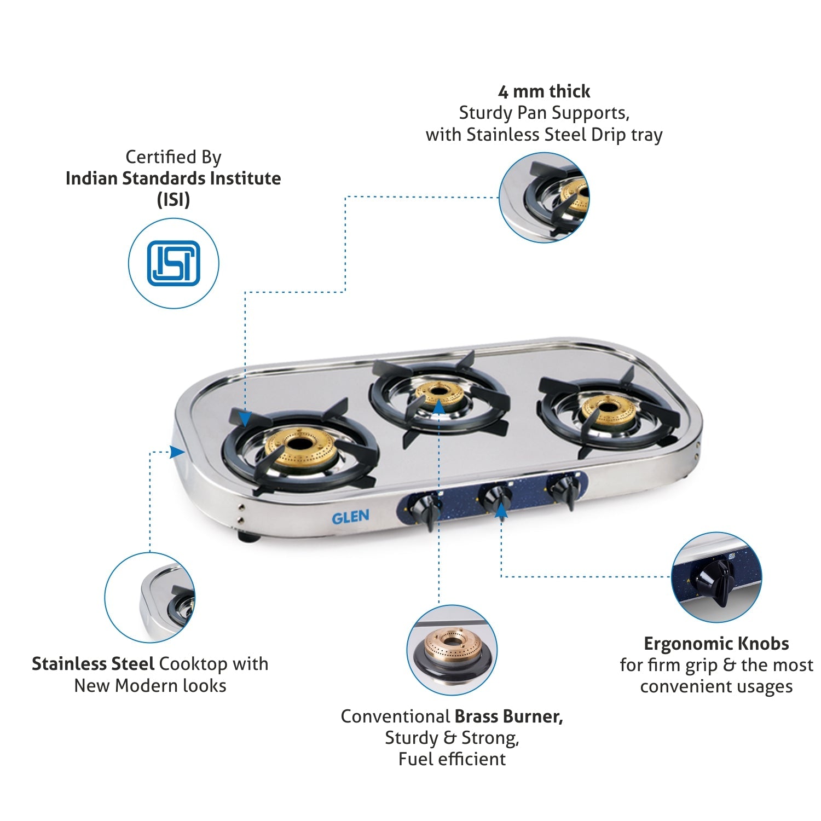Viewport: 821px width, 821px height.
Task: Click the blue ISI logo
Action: [x=174, y=263]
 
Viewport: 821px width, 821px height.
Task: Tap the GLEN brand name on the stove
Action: [x=350, y=517]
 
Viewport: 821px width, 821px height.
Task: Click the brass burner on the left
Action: [x=300, y=446]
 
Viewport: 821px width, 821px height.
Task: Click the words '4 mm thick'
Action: [x=544, y=91]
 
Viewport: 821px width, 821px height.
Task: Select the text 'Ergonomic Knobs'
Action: [x=716, y=643]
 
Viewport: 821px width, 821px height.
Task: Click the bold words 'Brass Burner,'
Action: [x=509, y=716]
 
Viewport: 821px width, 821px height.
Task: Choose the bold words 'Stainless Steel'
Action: [x=93, y=663]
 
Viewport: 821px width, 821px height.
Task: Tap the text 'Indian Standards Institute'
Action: [x=173, y=178]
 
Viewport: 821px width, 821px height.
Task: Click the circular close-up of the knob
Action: [x=716, y=577]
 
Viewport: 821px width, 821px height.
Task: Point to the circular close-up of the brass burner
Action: [x=452, y=650]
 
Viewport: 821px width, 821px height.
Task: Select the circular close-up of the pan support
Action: [x=545, y=198]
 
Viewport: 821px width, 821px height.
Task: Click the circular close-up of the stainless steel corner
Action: [x=150, y=598]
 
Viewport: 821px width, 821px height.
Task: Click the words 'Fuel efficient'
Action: [x=452, y=759]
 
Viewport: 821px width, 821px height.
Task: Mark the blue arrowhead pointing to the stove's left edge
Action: [x=177, y=452]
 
